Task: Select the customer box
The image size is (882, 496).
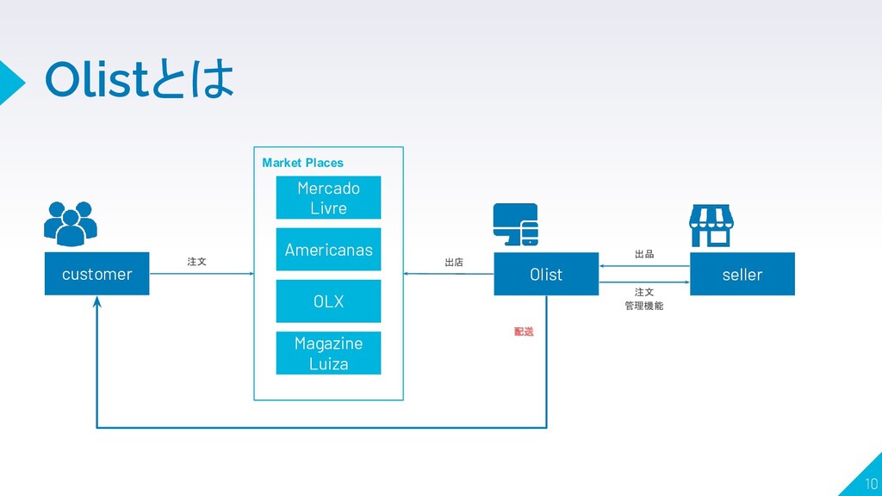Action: [96, 274]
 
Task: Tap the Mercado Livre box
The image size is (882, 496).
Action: [328, 198]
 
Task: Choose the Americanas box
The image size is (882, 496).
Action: [328, 250]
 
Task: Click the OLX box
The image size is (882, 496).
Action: [328, 301]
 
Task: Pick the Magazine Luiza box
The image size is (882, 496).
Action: [328, 353]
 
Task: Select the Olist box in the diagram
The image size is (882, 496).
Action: [546, 274]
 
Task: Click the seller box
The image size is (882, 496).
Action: [742, 274]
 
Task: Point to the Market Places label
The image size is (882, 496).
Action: [302, 163]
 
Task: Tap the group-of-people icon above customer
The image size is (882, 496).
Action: [71, 223]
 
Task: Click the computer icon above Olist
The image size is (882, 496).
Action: [516, 225]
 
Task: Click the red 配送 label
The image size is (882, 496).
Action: [524, 332]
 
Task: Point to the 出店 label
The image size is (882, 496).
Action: [454, 262]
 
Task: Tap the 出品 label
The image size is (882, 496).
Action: [644, 254]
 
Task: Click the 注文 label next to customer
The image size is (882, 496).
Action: [197, 261]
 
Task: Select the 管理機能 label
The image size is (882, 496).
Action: [644, 306]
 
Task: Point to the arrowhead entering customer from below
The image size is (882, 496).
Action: [97, 302]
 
